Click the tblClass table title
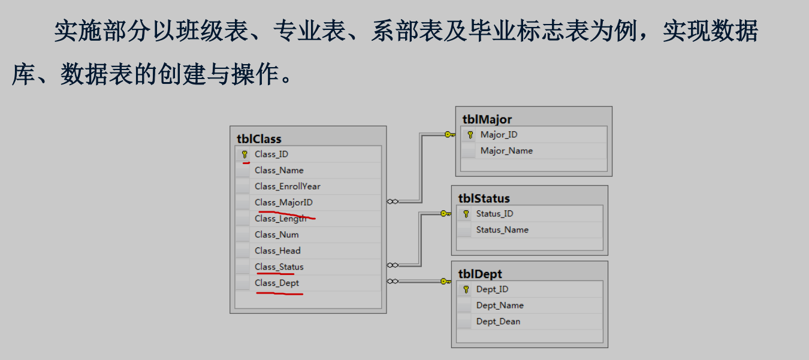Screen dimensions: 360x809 (x=259, y=139)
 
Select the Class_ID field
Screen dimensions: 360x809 (x=271, y=154)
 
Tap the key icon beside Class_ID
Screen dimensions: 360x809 (x=244, y=155)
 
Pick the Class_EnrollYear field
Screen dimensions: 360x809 (x=287, y=186)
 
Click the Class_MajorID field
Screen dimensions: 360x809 (x=283, y=202)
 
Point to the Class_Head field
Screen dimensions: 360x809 (x=277, y=250)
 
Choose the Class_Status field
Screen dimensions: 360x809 (x=279, y=267)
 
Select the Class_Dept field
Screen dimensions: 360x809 (x=276, y=283)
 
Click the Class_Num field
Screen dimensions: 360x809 (x=276, y=234)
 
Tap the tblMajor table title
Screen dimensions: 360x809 (x=487, y=119)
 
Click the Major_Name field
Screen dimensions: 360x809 (x=506, y=151)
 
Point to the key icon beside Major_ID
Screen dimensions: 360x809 (x=470, y=135)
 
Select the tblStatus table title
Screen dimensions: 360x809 (x=484, y=198)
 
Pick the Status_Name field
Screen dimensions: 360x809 (x=502, y=229)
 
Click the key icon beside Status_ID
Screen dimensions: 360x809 (x=466, y=214)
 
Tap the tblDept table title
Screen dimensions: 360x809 (x=480, y=274)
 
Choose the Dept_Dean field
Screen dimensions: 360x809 (x=498, y=321)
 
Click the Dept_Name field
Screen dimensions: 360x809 (x=500, y=305)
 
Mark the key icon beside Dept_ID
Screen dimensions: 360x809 (x=466, y=289)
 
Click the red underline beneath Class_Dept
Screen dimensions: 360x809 (x=279, y=293)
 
